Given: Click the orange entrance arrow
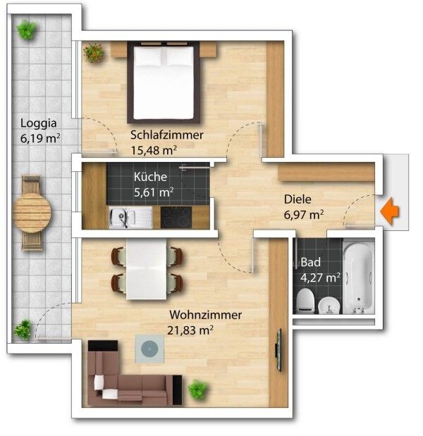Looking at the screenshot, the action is pos(390,211).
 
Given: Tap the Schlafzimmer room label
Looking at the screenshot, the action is pos(167,135).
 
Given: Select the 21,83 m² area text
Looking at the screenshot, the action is pos(190,330).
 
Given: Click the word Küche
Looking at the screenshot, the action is pos(150,177).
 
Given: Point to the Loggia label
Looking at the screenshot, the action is pos(38,123).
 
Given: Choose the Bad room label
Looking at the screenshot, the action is pos(311,262).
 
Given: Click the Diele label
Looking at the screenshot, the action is pos(298,199).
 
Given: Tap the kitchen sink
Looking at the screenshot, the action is pos(130,218).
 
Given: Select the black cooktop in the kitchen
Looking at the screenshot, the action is pos(176,218).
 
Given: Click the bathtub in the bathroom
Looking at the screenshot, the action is pos(358,278).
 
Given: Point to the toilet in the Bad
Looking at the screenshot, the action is pos(305,301).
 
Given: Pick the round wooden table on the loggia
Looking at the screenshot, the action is pos(32,213).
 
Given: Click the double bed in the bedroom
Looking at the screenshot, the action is pos(164,82).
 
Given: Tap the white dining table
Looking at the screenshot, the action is pos(147,269).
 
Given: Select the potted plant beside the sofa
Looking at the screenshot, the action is pos(197,389).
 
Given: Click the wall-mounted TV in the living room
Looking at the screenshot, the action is pos(279,350).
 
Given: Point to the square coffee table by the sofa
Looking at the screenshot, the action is pos(149,349).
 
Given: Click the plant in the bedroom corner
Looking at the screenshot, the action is pos(94,53).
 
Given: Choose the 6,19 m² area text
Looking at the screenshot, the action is pos(40,138).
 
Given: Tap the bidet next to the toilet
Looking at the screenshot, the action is pos(329,305).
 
